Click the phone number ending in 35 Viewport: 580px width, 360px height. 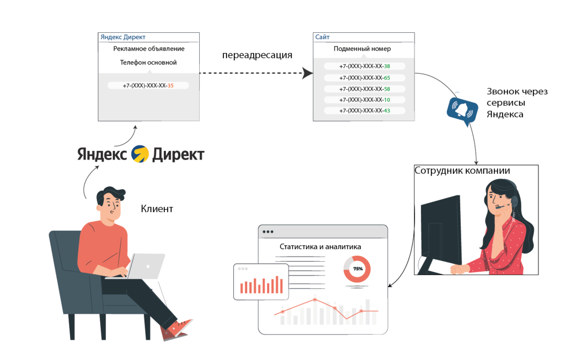(x=148, y=85)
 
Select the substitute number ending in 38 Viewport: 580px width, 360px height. (x=364, y=66)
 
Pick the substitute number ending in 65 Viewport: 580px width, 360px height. (x=364, y=77)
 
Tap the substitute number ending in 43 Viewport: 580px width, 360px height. (x=364, y=111)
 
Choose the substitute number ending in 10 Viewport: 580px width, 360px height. (x=364, y=100)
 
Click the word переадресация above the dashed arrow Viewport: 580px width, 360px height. (x=257, y=55)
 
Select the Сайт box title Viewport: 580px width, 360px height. (x=322, y=37)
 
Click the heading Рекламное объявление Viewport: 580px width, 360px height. (x=148, y=49)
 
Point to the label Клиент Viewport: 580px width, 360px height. (x=157, y=209)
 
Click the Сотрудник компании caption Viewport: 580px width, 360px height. (x=462, y=171)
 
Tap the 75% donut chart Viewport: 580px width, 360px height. (x=357, y=269)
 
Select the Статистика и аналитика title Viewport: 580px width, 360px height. (x=320, y=246)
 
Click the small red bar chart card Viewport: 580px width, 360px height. (x=261, y=282)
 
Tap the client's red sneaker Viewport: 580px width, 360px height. (x=177, y=330)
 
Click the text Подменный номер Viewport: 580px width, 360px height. (x=362, y=49)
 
